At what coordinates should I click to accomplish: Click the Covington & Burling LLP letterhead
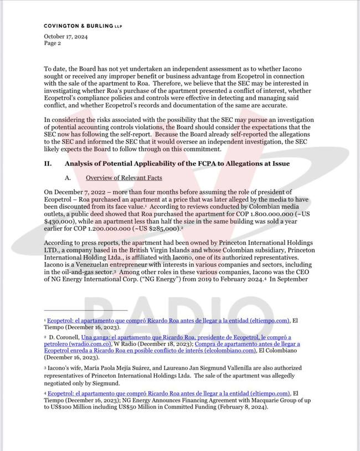[83, 25]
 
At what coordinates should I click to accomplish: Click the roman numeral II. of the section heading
[48, 163]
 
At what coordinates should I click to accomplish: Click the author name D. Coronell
[64, 337]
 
